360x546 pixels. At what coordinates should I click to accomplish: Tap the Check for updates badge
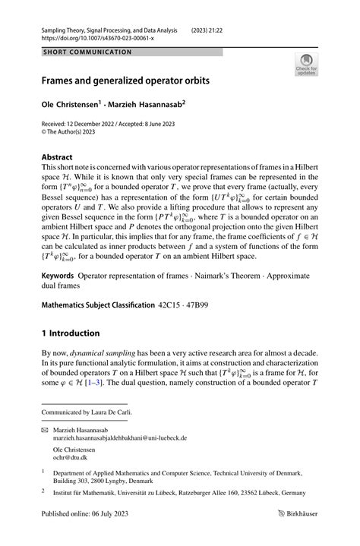tap(307, 65)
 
